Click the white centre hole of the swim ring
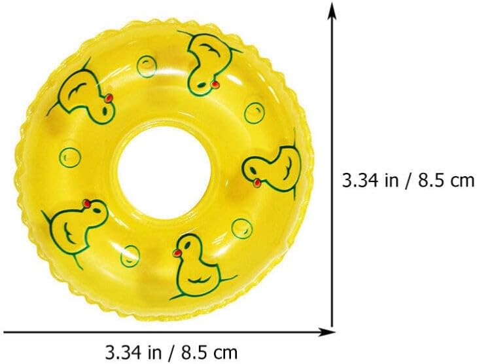point(164,173)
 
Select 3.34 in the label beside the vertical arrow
point(360,181)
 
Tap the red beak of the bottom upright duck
point(177,253)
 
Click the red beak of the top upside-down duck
point(215,84)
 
